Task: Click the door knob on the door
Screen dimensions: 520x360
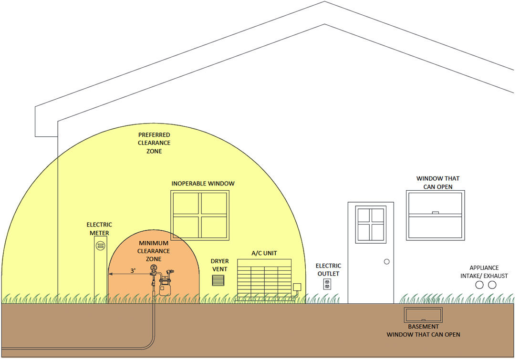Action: pos(386,262)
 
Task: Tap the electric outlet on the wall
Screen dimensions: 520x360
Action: pos(327,284)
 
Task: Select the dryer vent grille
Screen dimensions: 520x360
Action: pos(218,280)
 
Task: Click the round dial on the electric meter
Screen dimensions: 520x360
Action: pos(101,246)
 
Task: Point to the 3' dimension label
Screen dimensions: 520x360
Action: pos(133,271)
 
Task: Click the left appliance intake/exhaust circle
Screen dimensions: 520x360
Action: pos(479,285)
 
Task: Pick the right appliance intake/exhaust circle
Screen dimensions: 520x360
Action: pos(492,285)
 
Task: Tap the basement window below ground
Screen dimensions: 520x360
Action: pos(423,315)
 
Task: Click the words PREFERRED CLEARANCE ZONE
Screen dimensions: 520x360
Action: pos(154,143)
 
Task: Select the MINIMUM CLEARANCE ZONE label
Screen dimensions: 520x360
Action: pos(154,251)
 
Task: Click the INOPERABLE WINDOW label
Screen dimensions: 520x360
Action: pos(203,184)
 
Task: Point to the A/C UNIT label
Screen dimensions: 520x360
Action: pos(264,253)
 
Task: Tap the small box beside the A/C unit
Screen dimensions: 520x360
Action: pos(297,287)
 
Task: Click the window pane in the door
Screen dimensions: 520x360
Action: pos(371,225)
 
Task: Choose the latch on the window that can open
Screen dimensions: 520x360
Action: pos(436,213)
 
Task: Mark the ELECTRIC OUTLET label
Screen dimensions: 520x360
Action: pos(328,270)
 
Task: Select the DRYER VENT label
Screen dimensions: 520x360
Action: pos(219,265)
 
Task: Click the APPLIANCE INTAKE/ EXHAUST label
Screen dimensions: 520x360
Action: pos(484,272)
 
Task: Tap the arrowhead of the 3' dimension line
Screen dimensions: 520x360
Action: pos(111,274)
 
